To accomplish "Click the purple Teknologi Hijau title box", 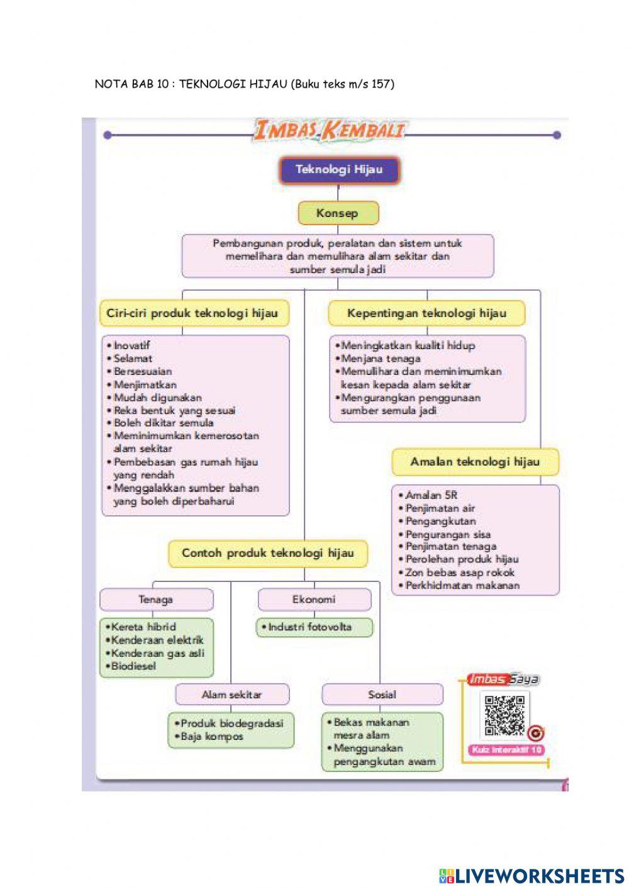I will pyautogui.click(x=339, y=170).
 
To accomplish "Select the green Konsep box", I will pyautogui.click(x=338, y=213).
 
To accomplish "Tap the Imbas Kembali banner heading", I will pyautogui.click(x=329, y=131).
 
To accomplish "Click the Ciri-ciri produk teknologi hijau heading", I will pyautogui.click(x=192, y=313).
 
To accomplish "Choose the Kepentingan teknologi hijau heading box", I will pyautogui.click(x=426, y=313).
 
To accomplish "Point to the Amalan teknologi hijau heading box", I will pyautogui.click(x=475, y=462).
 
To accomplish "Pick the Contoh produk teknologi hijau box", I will pyautogui.click(x=267, y=554).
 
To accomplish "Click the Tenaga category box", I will pyautogui.click(x=156, y=600).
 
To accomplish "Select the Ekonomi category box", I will pyautogui.click(x=314, y=600).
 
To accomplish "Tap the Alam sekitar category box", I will pyautogui.click(x=231, y=695).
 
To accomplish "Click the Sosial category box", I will pyautogui.click(x=382, y=695).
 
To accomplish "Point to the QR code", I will pyautogui.click(x=504, y=715).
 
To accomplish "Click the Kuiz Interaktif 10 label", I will pyautogui.click(x=506, y=750).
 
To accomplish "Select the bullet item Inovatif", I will pyautogui.click(x=131, y=345).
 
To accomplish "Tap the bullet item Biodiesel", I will pyautogui.click(x=133, y=666).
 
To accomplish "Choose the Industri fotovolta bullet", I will pyautogui.click(x=309, y=627).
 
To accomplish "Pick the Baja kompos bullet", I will pyautogui.click(x=211, y=736).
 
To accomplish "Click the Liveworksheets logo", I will pyautogui.click(x=532, y=875).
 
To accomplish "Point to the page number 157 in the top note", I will pyautogui.click(x=380, y=84).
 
